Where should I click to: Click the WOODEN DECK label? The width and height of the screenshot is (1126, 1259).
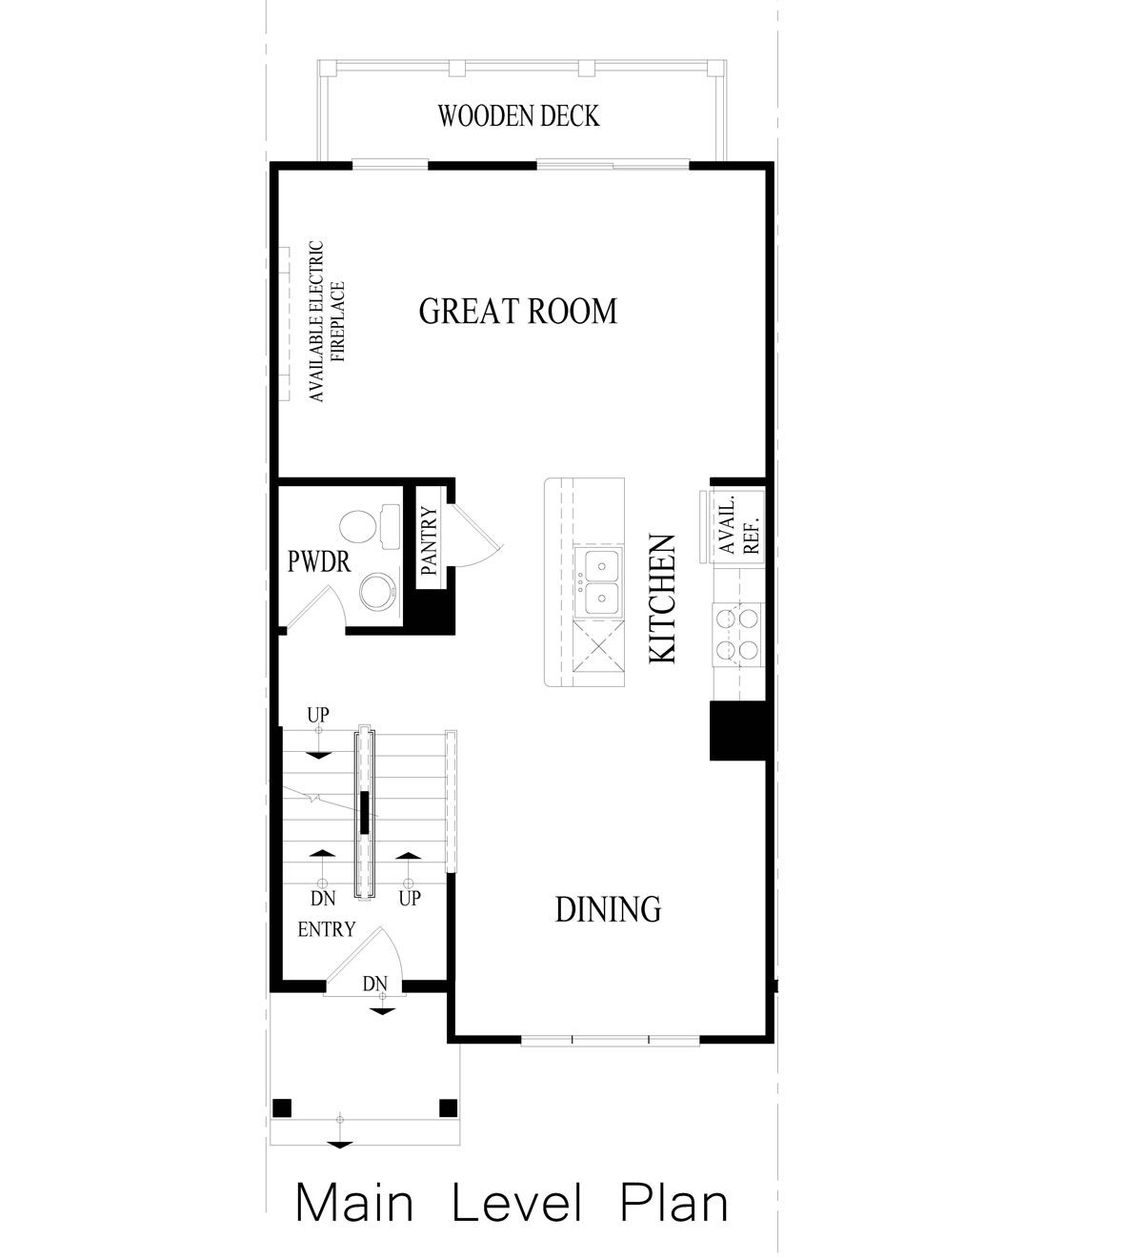518,116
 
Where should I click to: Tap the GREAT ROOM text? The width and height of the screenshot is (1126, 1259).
518,312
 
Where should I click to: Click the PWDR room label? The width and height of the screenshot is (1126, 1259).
318,561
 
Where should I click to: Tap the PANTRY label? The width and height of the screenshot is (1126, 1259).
428,542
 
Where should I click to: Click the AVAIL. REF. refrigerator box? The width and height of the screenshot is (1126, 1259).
737,525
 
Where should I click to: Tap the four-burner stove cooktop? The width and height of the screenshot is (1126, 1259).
738,634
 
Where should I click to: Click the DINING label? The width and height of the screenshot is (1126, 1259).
608,909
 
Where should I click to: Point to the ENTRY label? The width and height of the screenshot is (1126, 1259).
327,929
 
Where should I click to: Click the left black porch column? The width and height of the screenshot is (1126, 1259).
281,1107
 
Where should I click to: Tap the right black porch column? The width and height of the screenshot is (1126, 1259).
447,1107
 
